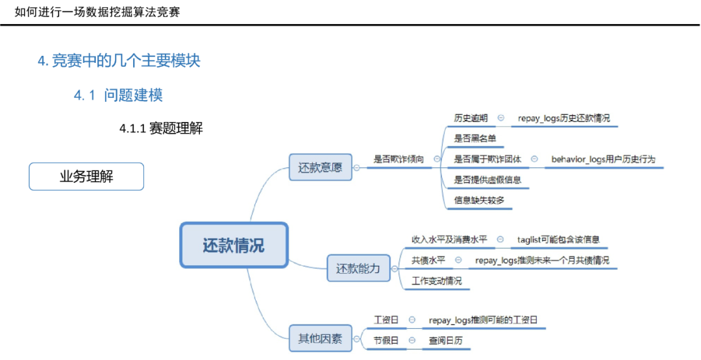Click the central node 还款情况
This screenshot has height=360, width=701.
click(234, 246)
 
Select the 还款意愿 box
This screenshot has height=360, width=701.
click(320, 167)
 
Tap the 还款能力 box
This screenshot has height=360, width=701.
click(358, 268)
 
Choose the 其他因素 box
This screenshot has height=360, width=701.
click(320, 338)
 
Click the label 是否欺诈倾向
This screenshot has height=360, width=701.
click(399, 158)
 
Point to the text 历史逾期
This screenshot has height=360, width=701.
click(471, 118)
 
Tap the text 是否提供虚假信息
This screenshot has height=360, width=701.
click(487, 179)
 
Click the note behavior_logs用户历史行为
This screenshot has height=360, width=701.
click(604, 158)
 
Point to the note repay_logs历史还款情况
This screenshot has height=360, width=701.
click(563, 118)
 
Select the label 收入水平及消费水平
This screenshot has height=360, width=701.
click(449, 239)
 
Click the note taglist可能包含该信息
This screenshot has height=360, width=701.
click(558, 239)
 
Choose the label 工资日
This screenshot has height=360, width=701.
click(386, 320)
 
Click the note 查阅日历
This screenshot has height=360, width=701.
click(446, 340)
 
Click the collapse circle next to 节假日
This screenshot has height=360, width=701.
click(412, 340)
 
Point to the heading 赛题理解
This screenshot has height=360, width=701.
click(176, 128)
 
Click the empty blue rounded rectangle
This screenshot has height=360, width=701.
click(86, 176)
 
